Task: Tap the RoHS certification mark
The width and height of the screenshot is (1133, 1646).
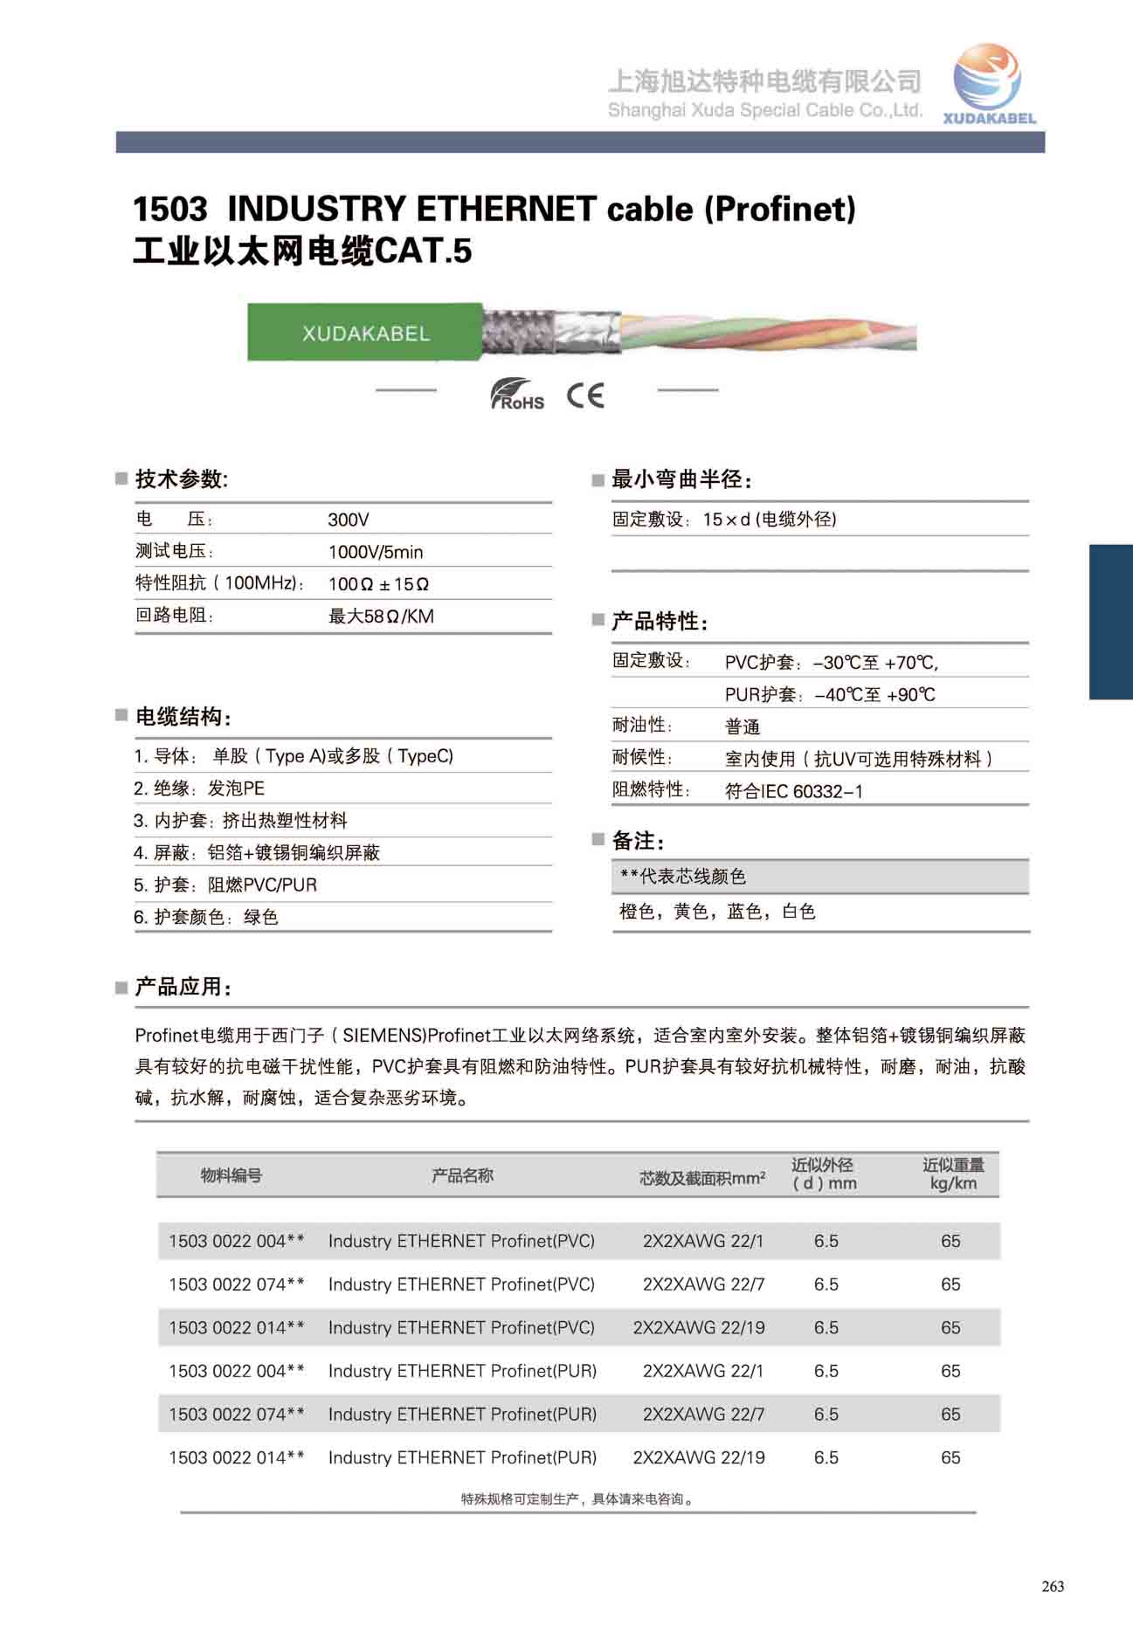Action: pyautogui.click(x=516, y=395)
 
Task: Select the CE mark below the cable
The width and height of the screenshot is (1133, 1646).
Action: pyautogui.click(x=585, y=396)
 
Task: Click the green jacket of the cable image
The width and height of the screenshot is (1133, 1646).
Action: pyautogui.click(x=364, y=333)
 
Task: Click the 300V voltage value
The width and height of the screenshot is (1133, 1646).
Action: pyautogui.click(x=349, y=520)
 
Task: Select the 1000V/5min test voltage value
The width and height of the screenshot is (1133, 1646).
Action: pyautogui.click(x=376, y=552)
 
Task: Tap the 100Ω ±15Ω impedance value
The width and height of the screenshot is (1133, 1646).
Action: pyautogui.click(x=378, y=584)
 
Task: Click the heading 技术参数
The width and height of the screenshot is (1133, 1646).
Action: pyautogui.click(x=181, y=479)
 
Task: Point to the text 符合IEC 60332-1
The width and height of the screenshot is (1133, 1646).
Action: pyautogui.click(x=793, y=791)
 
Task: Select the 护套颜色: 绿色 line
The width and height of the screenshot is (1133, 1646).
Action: pyautogui.click(x=206, y=917)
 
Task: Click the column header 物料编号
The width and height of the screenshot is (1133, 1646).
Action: pyautogui.click(x=231, y=1175)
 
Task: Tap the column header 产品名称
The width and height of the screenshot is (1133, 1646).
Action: pyautogui.click(x=462, y=1175)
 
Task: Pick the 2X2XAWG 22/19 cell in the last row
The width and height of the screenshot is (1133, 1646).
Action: pyautogui.click(x=699, y=1457)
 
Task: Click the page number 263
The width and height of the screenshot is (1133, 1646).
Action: pyautogui.click(x=1053, y=1586)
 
